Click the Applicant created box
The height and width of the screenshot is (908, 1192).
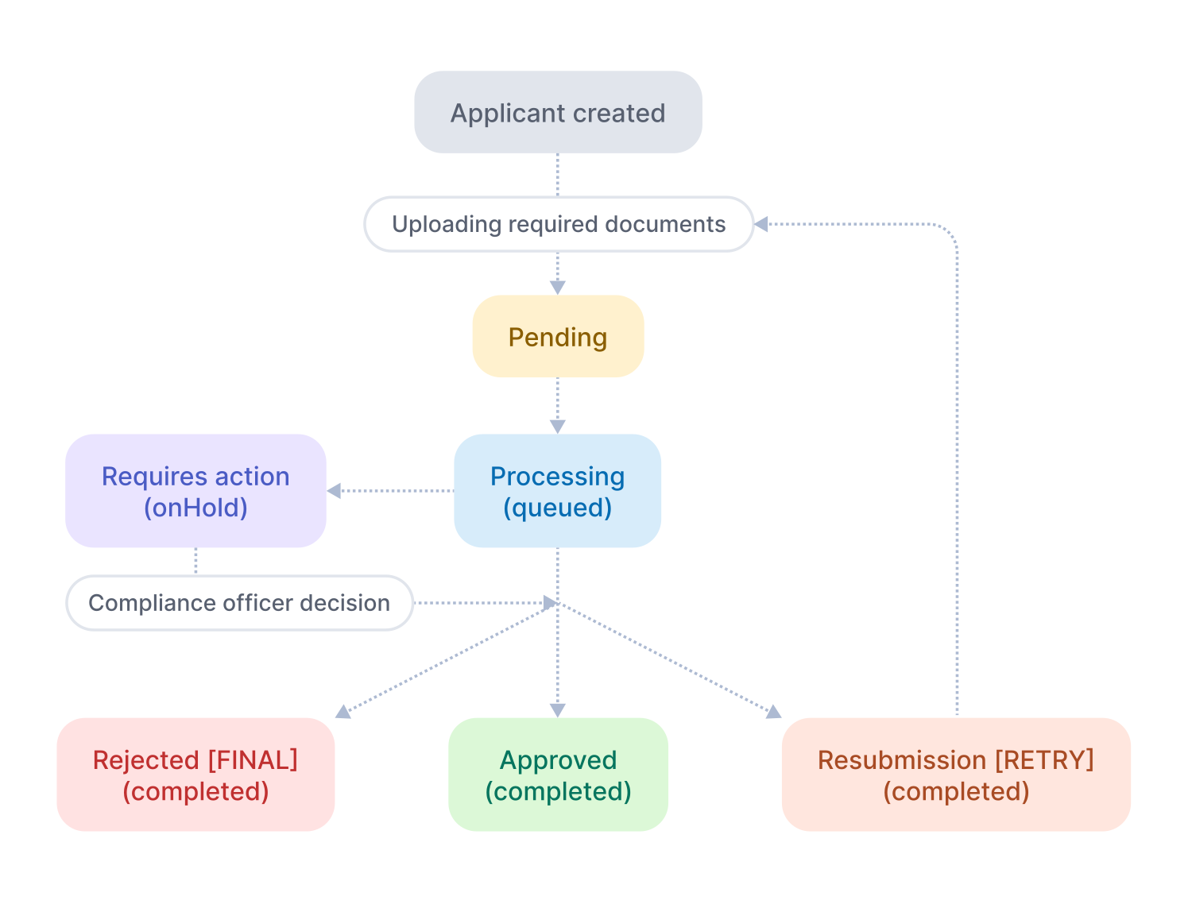pyautogui.click(x=558, y=112)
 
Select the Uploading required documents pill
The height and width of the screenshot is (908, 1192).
pyautogui.click(x=558, y=224)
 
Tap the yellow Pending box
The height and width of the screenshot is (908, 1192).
pyautogui.click(x=558, y=337)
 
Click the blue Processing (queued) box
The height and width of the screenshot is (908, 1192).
pyautogui.click(x=558, y=491)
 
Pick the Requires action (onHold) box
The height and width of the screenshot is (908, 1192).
pyautogui.click(x=195, y=491)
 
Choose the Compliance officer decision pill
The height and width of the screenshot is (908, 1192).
pyautogui.click(x=239, y=603)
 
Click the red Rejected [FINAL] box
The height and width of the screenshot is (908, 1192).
pyautogui.click(x=195, y=775)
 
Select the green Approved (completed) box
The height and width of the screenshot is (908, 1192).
pyautogui.click(x=558, y=775)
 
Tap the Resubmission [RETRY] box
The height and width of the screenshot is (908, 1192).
pyautogui.click(x=956, y=775)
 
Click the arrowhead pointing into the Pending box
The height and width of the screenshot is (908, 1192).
pyautogui.click(x=558, y=288)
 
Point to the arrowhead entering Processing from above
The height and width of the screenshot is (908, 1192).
pyautogui.click(x=558, y=427)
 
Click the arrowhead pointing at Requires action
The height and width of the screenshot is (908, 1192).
pyautogui.click(x=335, y=491)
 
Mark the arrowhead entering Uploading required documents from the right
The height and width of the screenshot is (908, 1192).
pyautogui.click(x=761, y=224)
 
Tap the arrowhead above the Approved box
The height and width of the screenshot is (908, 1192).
pyautogui.click(x=558, y=710)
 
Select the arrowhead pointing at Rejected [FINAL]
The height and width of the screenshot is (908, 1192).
pyautogui.click(x=343, y=712)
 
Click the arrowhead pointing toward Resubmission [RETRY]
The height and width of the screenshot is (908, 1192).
pyautogui.click(x=773, y=712)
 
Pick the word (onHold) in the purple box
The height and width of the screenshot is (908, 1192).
pyautogui.click(x=195, y=508)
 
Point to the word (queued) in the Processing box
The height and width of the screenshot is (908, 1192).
pyautogui.click(x=558, y=508)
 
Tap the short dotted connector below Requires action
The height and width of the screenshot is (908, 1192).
pyautogui.click(x=195, y=561)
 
